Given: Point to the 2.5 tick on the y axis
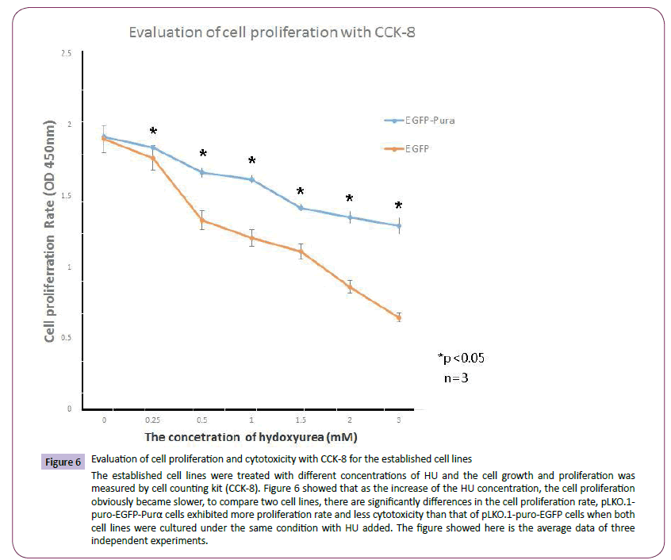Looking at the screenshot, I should (x=65, y=52).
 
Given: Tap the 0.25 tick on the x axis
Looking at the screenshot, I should (x=154, y=419).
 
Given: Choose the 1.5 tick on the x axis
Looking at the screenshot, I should (x=301, y=419).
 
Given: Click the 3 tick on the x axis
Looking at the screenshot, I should (x=398, y=419).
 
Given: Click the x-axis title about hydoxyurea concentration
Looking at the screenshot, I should (x=250, y=437).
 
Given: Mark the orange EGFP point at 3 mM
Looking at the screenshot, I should (x=398, y=316).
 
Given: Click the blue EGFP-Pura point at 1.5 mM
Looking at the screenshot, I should (x=301, y=207).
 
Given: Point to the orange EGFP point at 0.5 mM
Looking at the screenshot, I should (x=203, y=220).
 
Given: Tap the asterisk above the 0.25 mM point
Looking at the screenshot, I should (x=154, y=132).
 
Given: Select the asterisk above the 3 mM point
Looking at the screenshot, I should (x=398, y=205).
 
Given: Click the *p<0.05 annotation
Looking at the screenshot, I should (x=461, y=358).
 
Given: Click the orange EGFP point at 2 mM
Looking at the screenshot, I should (x=350, y=286).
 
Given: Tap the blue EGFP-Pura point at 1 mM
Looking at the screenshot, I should (x=251, y=179).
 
